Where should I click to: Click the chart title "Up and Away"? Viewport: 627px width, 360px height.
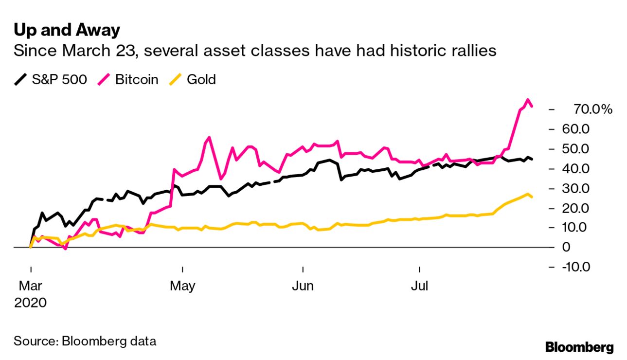click(67, 30)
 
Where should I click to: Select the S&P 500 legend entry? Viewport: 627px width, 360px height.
click(51, 79)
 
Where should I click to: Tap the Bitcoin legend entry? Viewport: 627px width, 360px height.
click(129, 79)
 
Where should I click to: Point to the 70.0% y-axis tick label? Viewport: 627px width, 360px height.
click(592, 109)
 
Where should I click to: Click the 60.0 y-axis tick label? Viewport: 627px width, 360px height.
click(590, 129)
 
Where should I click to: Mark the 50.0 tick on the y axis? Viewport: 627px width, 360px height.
click(590, 149)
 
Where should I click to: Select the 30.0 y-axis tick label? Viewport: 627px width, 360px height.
click(590, 188)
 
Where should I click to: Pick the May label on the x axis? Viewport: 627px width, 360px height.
click(182, 286)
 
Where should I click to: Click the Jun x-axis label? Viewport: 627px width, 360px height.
click(303, 286)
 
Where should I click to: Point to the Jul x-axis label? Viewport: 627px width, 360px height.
click(419, 286)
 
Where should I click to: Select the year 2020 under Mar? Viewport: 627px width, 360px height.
click(30, 303)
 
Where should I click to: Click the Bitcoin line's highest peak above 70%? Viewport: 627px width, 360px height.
click(527, 100)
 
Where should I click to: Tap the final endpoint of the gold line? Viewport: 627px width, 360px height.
click(532, 197)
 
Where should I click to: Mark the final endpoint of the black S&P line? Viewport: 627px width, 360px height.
click(532, 159)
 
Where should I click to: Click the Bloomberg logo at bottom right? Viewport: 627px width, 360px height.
click(579, 347)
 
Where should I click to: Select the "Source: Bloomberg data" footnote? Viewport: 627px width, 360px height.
click(85, 341)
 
